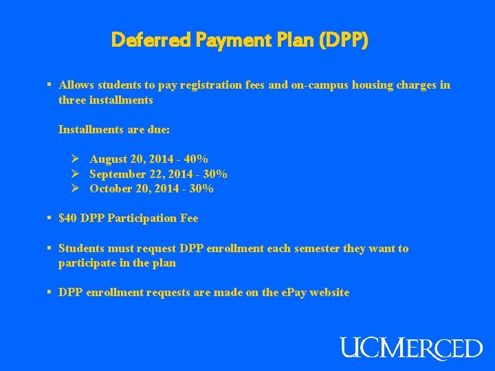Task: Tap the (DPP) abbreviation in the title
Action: (344, 41)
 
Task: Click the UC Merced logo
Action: (411, 347)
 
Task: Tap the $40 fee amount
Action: (68, 218)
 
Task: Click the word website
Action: (330, 293)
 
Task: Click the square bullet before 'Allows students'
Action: (49, 85)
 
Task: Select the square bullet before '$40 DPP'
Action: (49, 218)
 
